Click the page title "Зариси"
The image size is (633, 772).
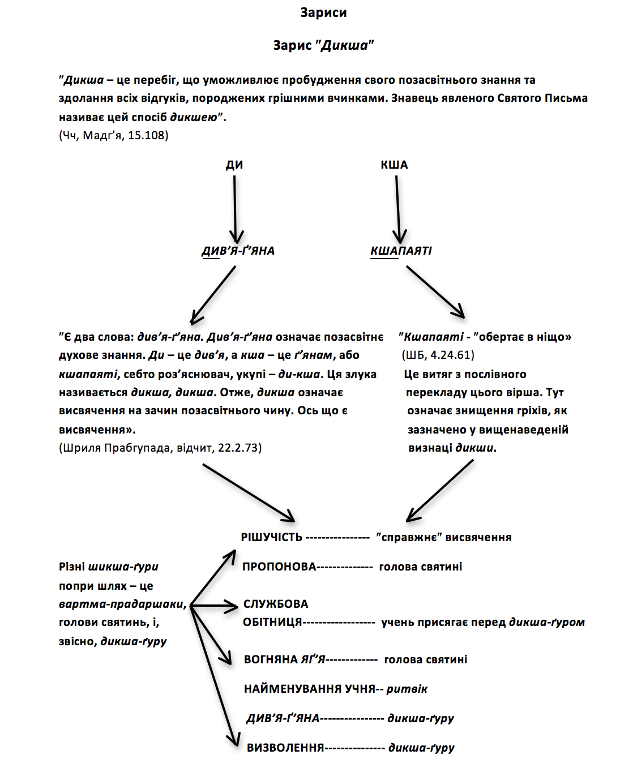point(323,12)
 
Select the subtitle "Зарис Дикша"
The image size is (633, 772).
point(323,45)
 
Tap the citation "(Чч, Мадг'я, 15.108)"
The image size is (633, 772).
point(114,135)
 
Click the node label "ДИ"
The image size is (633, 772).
point(234,165)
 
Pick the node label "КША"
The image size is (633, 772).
point(394,165)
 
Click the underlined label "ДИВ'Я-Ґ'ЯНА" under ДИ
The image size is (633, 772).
point(238,251)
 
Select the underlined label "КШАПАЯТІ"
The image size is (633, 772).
point(401,251)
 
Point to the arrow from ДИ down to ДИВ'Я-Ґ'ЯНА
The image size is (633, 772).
point(235,209)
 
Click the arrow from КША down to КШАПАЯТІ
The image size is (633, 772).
point(398,209)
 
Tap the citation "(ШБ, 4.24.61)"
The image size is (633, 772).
point(438,355)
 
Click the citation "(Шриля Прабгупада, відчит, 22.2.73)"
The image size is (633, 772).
point(160,448)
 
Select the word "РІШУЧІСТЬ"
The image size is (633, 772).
point(272,537)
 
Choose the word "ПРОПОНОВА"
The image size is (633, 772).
point(279,567)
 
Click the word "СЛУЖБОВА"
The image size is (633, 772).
point(276,604)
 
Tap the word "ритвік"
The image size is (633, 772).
point(407,689)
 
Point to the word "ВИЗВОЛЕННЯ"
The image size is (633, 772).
point(285,748)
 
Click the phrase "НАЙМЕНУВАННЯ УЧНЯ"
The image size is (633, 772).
point(310,689)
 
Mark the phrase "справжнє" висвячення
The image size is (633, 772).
point(444,537)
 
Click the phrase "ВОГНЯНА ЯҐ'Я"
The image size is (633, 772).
point(285,659)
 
